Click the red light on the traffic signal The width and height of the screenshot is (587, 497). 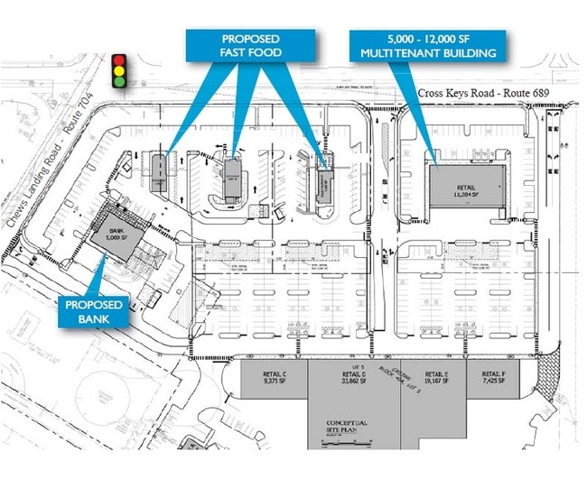[x=118, y=60]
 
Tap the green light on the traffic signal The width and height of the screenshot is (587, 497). [x=118, y=82]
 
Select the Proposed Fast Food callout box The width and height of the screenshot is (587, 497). [x=250, y=46]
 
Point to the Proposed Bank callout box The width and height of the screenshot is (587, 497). [x=91, y=312]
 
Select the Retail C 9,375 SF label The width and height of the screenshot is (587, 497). [x=272, y=379]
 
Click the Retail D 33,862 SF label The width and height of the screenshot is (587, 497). [x=354, y=379]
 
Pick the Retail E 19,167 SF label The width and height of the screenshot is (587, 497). [x=434, y=379]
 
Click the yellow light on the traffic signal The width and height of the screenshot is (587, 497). [x=118, y=71]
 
